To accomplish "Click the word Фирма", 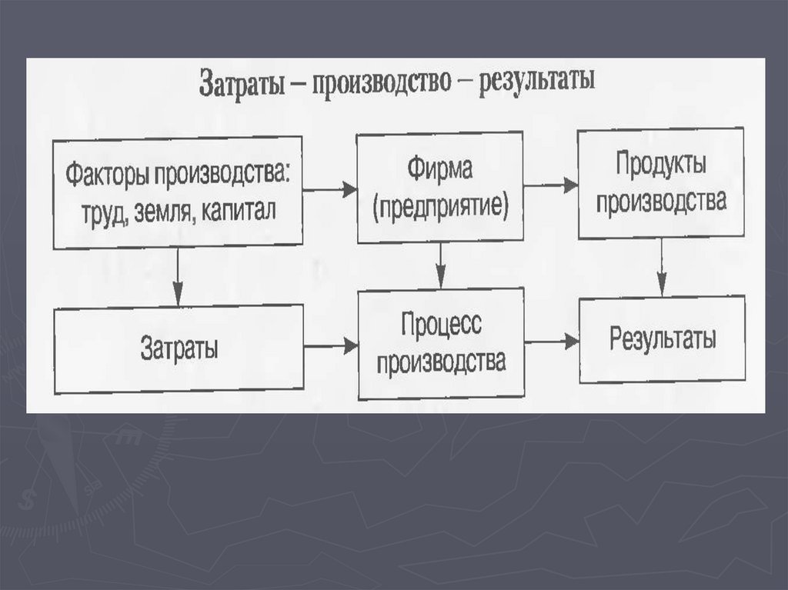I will tap(439, 170).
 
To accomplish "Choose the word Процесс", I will tap(441, 325).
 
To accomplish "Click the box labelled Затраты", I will tap(179, 348).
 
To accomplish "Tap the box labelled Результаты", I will tap(662, 339).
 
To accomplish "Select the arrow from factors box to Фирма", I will tap(330, 189).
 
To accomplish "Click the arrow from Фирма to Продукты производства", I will tap(550, 185).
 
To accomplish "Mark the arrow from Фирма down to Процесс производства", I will tap(440, 265).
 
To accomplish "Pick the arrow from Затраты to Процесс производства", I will tap(330, 346).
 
